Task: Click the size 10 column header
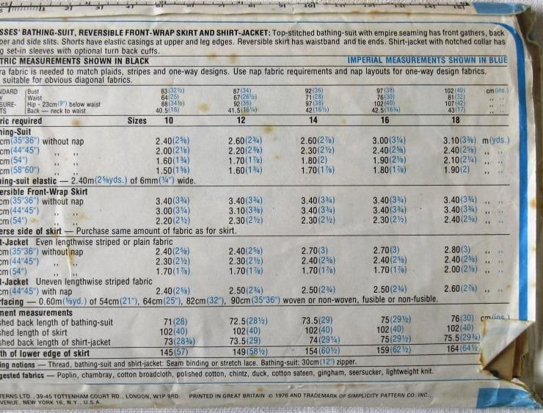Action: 169,120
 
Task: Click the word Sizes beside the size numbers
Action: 136,120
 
